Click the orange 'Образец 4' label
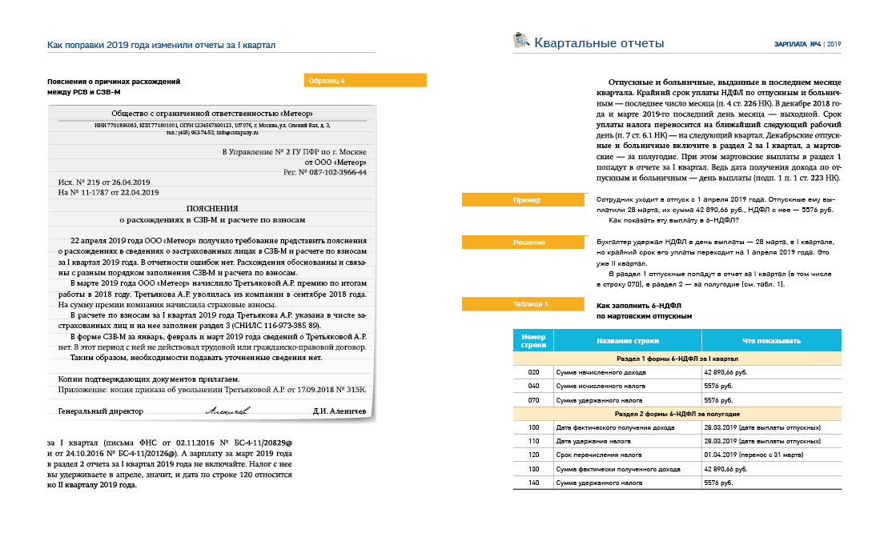coord(365,81)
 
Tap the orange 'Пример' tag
coord(526,200)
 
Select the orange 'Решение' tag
coord(526,242)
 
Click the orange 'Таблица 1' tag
coord(526,304)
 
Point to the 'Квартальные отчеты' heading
coord(599,43)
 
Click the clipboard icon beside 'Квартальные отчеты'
coord(520,40)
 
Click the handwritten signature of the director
coord(227,411)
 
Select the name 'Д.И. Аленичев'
coord(340,411)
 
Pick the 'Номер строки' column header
coord(533,340)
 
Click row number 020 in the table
coord(533,373)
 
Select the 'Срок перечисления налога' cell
coord(593,454)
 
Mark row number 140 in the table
coord(533,483)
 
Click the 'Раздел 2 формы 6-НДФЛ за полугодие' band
coord(677,414)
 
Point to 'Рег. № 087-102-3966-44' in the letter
coord(325,172)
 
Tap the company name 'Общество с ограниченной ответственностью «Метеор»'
coord(212,113)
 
